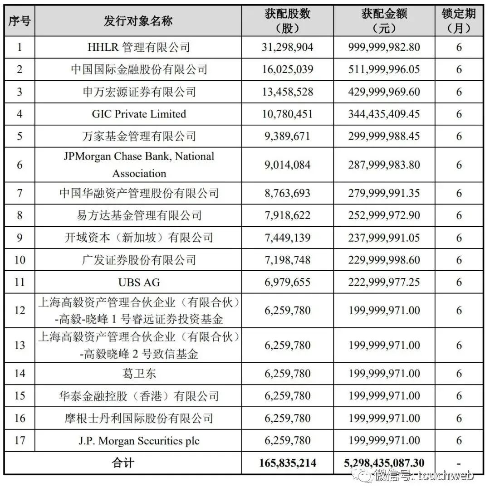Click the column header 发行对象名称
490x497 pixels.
pyautogui.click(x=138, y=21)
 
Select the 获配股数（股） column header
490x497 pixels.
pyautogui.click(x=288, y=21)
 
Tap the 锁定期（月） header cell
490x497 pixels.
pyautogui.click(x=458, y=21)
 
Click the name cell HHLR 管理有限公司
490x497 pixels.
pyautogui.click(x=138, y=47)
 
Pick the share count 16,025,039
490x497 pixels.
pyautogui.click(x=288, y=69)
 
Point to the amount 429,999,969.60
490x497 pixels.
pyautogui.click(x=384, y=92)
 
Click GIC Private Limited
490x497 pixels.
pyautogui.click(x=138, y=114)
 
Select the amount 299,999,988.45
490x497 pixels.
pyautogui.click(x=384, y=136)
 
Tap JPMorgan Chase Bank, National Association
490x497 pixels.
pyautogui.click(x=138, y=165)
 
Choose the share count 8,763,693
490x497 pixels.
pyautogui.click(x=288, y=193)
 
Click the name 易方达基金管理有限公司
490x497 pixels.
pyautogui.click(x=138, y=215)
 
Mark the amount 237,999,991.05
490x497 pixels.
pyautogui.click(x=384, y=238)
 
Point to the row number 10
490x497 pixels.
pyautogui.click(x=20, y=260)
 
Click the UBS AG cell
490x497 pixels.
pyautogui.click(x=138, y=282)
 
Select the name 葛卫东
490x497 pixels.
pyautogui.click(x=138, y=374)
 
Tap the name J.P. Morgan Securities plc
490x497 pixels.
pyautogui.click(x=138, y=440)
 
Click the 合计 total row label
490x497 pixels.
pyautogui.click(x=123, y=463)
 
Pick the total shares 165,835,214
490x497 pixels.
pyautogui.click(x=288, y=463)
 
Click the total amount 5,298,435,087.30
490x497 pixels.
pyautogui.click(x=384, y=463)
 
